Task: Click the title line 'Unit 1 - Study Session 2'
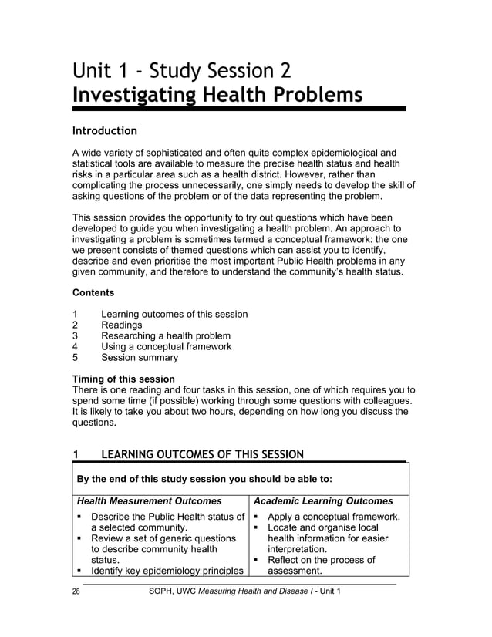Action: [182, 72]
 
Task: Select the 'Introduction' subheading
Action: [104, 130]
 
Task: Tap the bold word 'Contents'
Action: [93, 293]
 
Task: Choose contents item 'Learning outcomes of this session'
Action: [174, 314]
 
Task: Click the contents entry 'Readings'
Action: [122, 325]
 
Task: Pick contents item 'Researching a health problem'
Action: [166, 336]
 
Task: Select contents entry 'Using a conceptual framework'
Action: [167, 347]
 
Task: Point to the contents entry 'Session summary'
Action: [140, 358]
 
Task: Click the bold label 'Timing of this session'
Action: [123, 379]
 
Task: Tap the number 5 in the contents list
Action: [75, 358]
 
